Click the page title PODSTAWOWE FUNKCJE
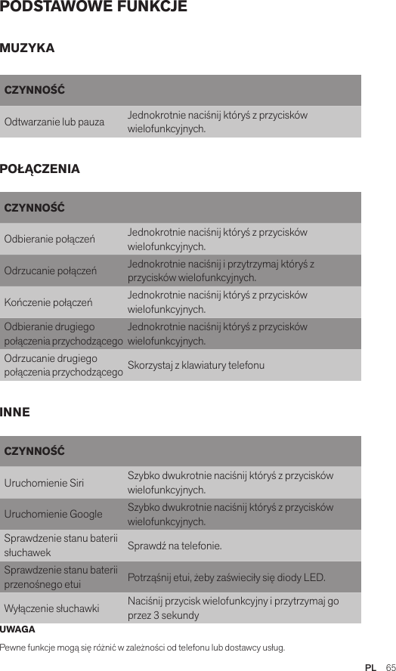94,8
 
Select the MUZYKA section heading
27,48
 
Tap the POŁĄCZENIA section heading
40,169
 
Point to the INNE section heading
15,413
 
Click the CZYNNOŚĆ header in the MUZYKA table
34,91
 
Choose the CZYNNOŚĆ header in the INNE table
34,452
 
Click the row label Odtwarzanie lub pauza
54,122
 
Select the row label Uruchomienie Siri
45,484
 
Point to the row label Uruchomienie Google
54,515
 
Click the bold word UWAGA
17,629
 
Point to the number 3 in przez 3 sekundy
156,616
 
